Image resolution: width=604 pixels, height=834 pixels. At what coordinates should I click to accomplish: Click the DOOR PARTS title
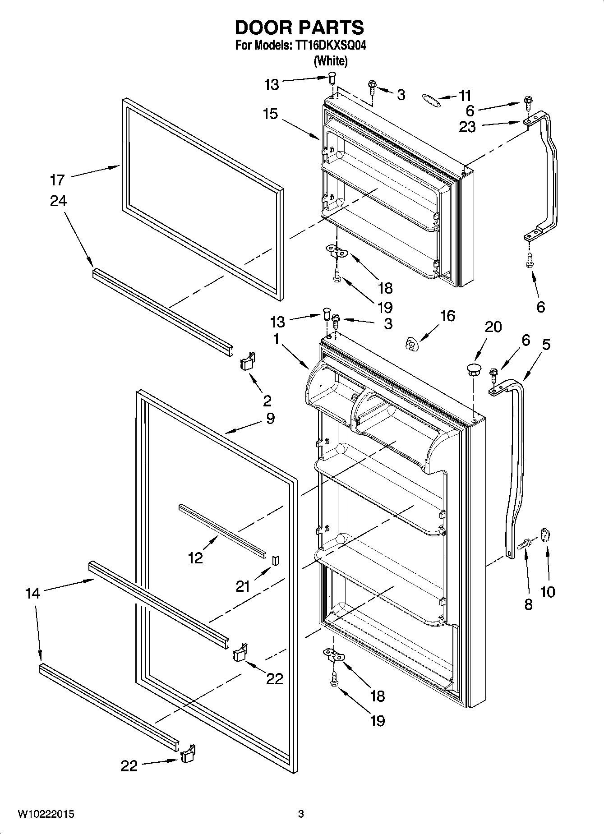pos(299,28)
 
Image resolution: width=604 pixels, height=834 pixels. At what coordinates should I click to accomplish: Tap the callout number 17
pos(58,180)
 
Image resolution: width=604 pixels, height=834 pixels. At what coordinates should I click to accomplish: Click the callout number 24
pos(58,201)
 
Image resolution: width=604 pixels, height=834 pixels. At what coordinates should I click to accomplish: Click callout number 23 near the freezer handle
pos(467,127)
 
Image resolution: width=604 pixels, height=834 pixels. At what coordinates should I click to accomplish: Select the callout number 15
pos(270,114)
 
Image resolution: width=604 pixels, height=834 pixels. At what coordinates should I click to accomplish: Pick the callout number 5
pos(546,345)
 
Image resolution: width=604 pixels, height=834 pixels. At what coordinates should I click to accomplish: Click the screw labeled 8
pos(525,545)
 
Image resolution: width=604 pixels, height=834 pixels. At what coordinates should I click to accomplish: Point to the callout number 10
pos(547,591)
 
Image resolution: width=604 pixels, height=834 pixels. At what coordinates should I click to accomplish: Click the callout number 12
pos(195,558)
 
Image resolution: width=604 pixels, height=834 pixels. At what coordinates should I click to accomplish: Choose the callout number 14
pos(32,593)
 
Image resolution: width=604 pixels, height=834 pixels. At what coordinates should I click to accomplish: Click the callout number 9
pos(270,418)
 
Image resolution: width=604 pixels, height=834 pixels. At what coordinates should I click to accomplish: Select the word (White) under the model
pos(330,61)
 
